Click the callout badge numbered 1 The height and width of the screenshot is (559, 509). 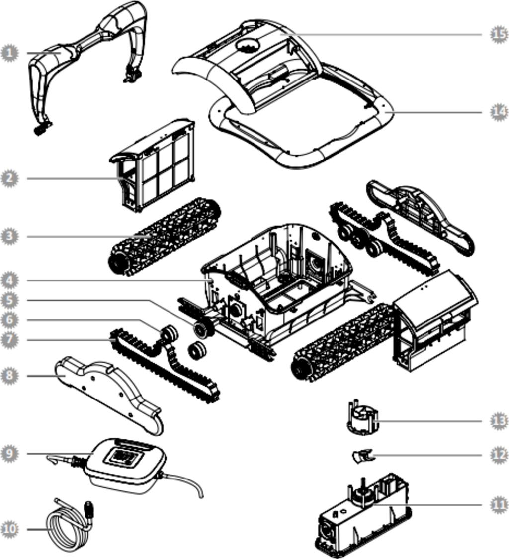click(8, 53)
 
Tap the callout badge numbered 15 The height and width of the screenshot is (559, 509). click(499, 34)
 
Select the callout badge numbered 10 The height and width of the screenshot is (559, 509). click(8, 529)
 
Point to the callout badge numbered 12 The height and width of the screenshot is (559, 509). click(499, 455)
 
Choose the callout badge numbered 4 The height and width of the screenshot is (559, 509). click(8, 281)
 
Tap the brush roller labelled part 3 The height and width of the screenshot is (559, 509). click(164, 236)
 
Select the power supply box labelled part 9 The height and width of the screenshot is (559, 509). click(124, 462)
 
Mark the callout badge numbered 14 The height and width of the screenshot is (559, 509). click(499, 112)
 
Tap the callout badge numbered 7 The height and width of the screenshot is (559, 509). click(8, 340)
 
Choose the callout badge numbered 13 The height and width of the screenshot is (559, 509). click(499, 421)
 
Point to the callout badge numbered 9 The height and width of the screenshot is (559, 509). click(8, 453)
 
